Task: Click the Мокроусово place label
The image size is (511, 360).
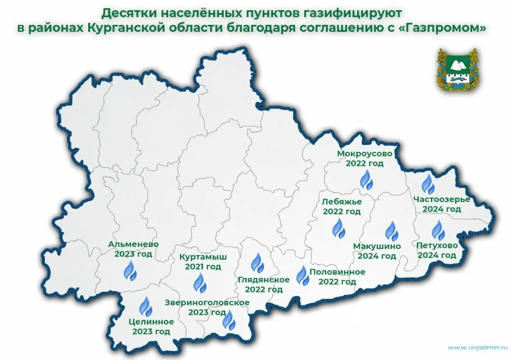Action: tap(364, 153)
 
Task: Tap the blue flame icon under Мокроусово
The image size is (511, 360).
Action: tap(366, 180)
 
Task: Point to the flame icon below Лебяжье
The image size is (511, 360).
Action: tap(338, 228)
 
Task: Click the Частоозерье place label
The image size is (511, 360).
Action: tap(441, 199)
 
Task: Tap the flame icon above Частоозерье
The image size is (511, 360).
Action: tap(427, 184)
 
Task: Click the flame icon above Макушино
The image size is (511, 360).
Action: tap(391, 231)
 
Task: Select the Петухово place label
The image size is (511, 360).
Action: tap(437, 246)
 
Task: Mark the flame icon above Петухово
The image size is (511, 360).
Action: tap(438, 230)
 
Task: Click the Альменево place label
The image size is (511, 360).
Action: tap(133, 244)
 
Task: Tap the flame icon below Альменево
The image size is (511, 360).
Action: tap(130, 271)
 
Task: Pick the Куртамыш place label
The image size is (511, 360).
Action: tap(202, 257)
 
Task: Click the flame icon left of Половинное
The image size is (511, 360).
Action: tap(302, 275)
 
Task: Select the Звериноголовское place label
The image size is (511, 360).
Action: tap(207, 302)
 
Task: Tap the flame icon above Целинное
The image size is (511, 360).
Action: tap(145, 307)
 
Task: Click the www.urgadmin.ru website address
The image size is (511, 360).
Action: tap(477, 347)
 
